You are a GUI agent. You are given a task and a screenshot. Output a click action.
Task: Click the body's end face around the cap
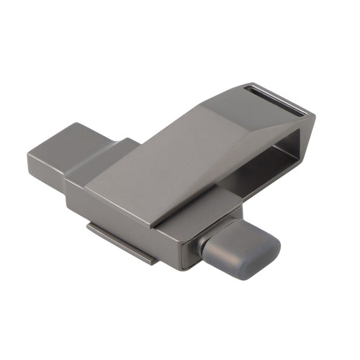click(x=189, y=248)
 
